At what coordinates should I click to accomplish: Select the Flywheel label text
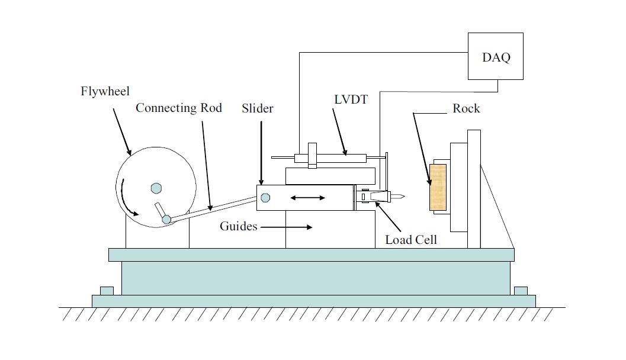click(105, 92)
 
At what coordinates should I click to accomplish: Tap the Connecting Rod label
click(178, 108)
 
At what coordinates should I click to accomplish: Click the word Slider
click(258, 109)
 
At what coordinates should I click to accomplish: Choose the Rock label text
click(466, 108)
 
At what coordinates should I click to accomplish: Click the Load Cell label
click(411, 240)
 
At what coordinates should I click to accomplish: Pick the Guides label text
click(238, 226)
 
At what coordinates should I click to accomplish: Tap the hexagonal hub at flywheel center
click(156, 188)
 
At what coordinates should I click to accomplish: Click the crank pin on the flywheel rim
click(167, 220)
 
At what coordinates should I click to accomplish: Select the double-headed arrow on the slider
click(307, 197)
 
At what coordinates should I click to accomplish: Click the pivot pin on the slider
click(265, 197)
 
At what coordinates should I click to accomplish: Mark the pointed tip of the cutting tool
click(403, 196)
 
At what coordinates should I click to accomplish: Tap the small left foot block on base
click(107, 291)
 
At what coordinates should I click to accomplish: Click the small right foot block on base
click(521, 291)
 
